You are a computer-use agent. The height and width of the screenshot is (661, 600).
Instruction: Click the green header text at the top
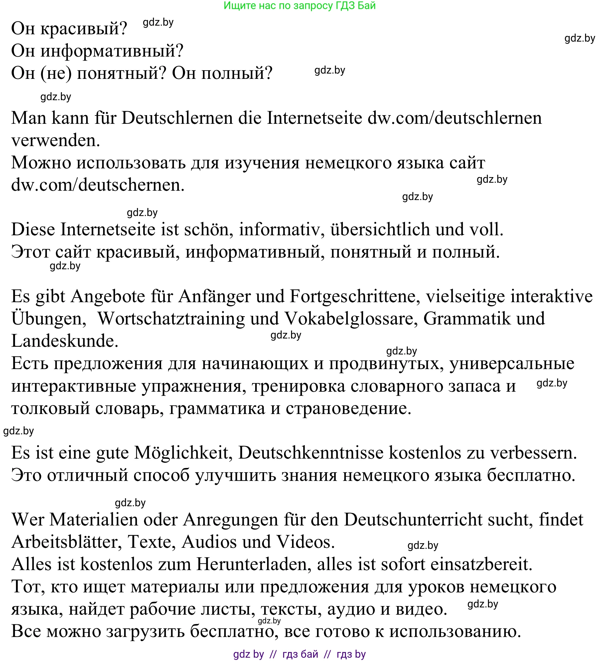(299, 5)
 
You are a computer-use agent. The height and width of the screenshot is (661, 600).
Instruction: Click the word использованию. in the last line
(455, 632)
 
